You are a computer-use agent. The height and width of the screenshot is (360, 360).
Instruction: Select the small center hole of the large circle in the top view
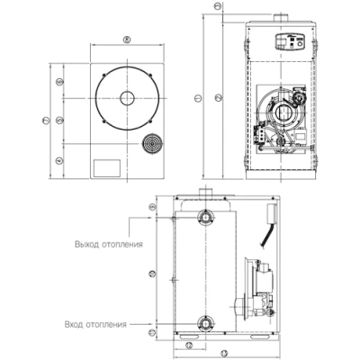128,97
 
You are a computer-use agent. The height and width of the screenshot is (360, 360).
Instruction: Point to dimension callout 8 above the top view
127,39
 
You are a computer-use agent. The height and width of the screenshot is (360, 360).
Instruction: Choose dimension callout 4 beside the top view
59,159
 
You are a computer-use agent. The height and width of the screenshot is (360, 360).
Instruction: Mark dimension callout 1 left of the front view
197,96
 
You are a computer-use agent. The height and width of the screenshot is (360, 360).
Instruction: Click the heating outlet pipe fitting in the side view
207,217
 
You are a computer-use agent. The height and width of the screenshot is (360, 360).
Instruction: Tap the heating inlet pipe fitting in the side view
207,320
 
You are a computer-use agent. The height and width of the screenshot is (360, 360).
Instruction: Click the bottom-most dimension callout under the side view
222,354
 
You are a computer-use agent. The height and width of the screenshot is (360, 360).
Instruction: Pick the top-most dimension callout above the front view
218,5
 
